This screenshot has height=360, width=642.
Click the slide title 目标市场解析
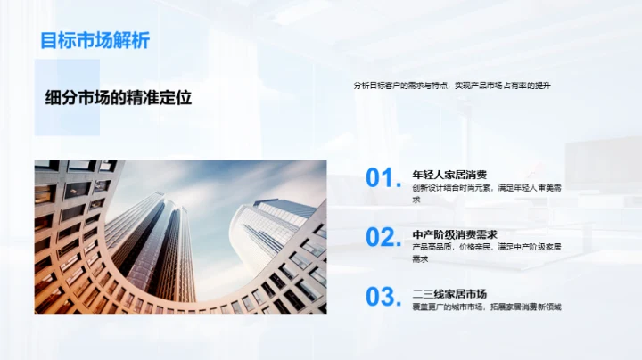(x=95, y=41)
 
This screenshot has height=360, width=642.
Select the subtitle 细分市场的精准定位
(x=119, y=98)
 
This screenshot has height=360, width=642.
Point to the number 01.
(x=383, y=178)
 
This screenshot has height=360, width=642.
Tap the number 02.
(x=383, y=237)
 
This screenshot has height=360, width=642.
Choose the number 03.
(x=383, y=296)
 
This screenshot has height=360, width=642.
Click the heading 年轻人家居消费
(x=449, y=175)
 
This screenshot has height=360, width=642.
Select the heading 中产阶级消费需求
(x=455, y=234)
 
